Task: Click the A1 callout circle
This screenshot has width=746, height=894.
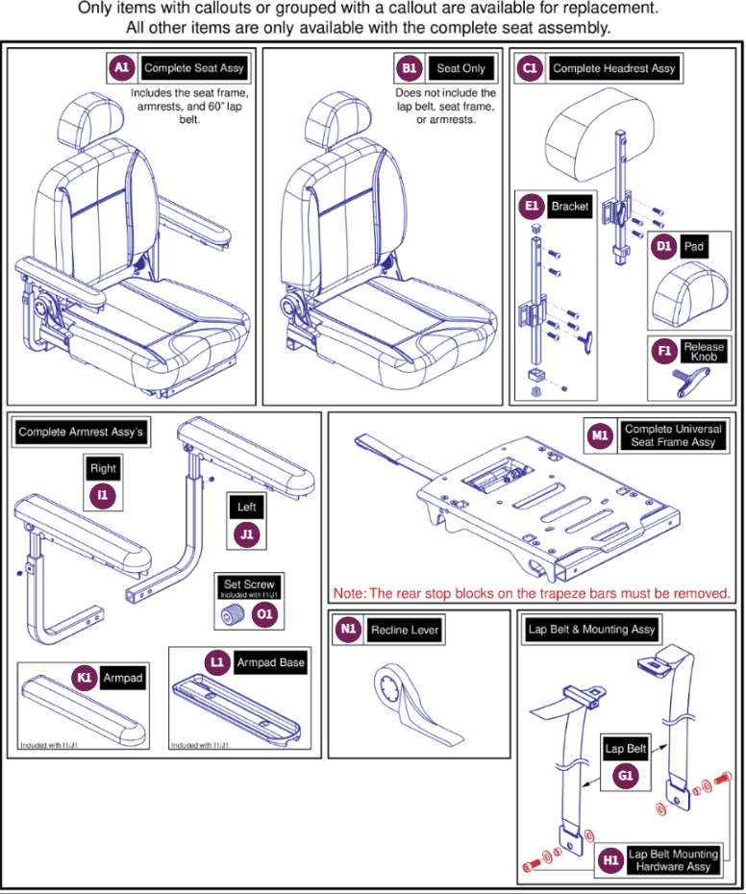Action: coord(121,68)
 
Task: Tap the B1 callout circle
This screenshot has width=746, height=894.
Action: coord(409,68)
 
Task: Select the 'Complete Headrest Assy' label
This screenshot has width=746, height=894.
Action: coord(614,68)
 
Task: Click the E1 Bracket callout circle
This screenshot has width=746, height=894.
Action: coord(531,207)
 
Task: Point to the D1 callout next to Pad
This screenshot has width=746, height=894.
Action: coord(662,246)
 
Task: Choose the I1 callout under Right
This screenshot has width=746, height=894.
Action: coord(103,494)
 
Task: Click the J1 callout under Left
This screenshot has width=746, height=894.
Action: coord(247,534)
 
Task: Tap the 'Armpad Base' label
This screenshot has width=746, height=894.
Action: coord(271,662)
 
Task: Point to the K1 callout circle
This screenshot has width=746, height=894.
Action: coord(86,678)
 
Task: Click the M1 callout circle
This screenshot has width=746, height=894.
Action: coord(601,435)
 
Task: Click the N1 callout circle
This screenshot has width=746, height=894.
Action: coord(348,630)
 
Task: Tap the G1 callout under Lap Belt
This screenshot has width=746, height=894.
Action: coord(627,774)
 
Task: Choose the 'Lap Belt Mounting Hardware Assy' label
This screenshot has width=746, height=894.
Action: coord(673,859)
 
